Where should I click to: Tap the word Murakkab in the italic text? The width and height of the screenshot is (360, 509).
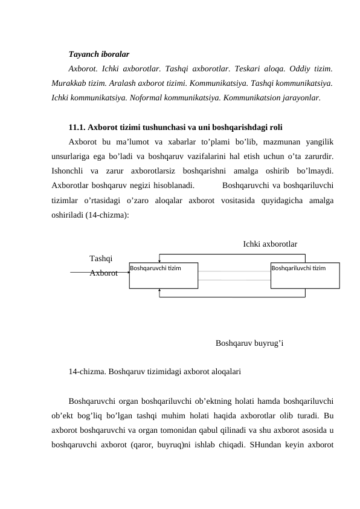[70, 82]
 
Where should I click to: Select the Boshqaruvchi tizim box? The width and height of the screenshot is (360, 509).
[164, 276]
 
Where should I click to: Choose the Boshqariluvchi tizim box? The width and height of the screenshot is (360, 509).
[305, 276]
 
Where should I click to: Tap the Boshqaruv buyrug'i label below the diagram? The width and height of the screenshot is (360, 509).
[249, 344]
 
